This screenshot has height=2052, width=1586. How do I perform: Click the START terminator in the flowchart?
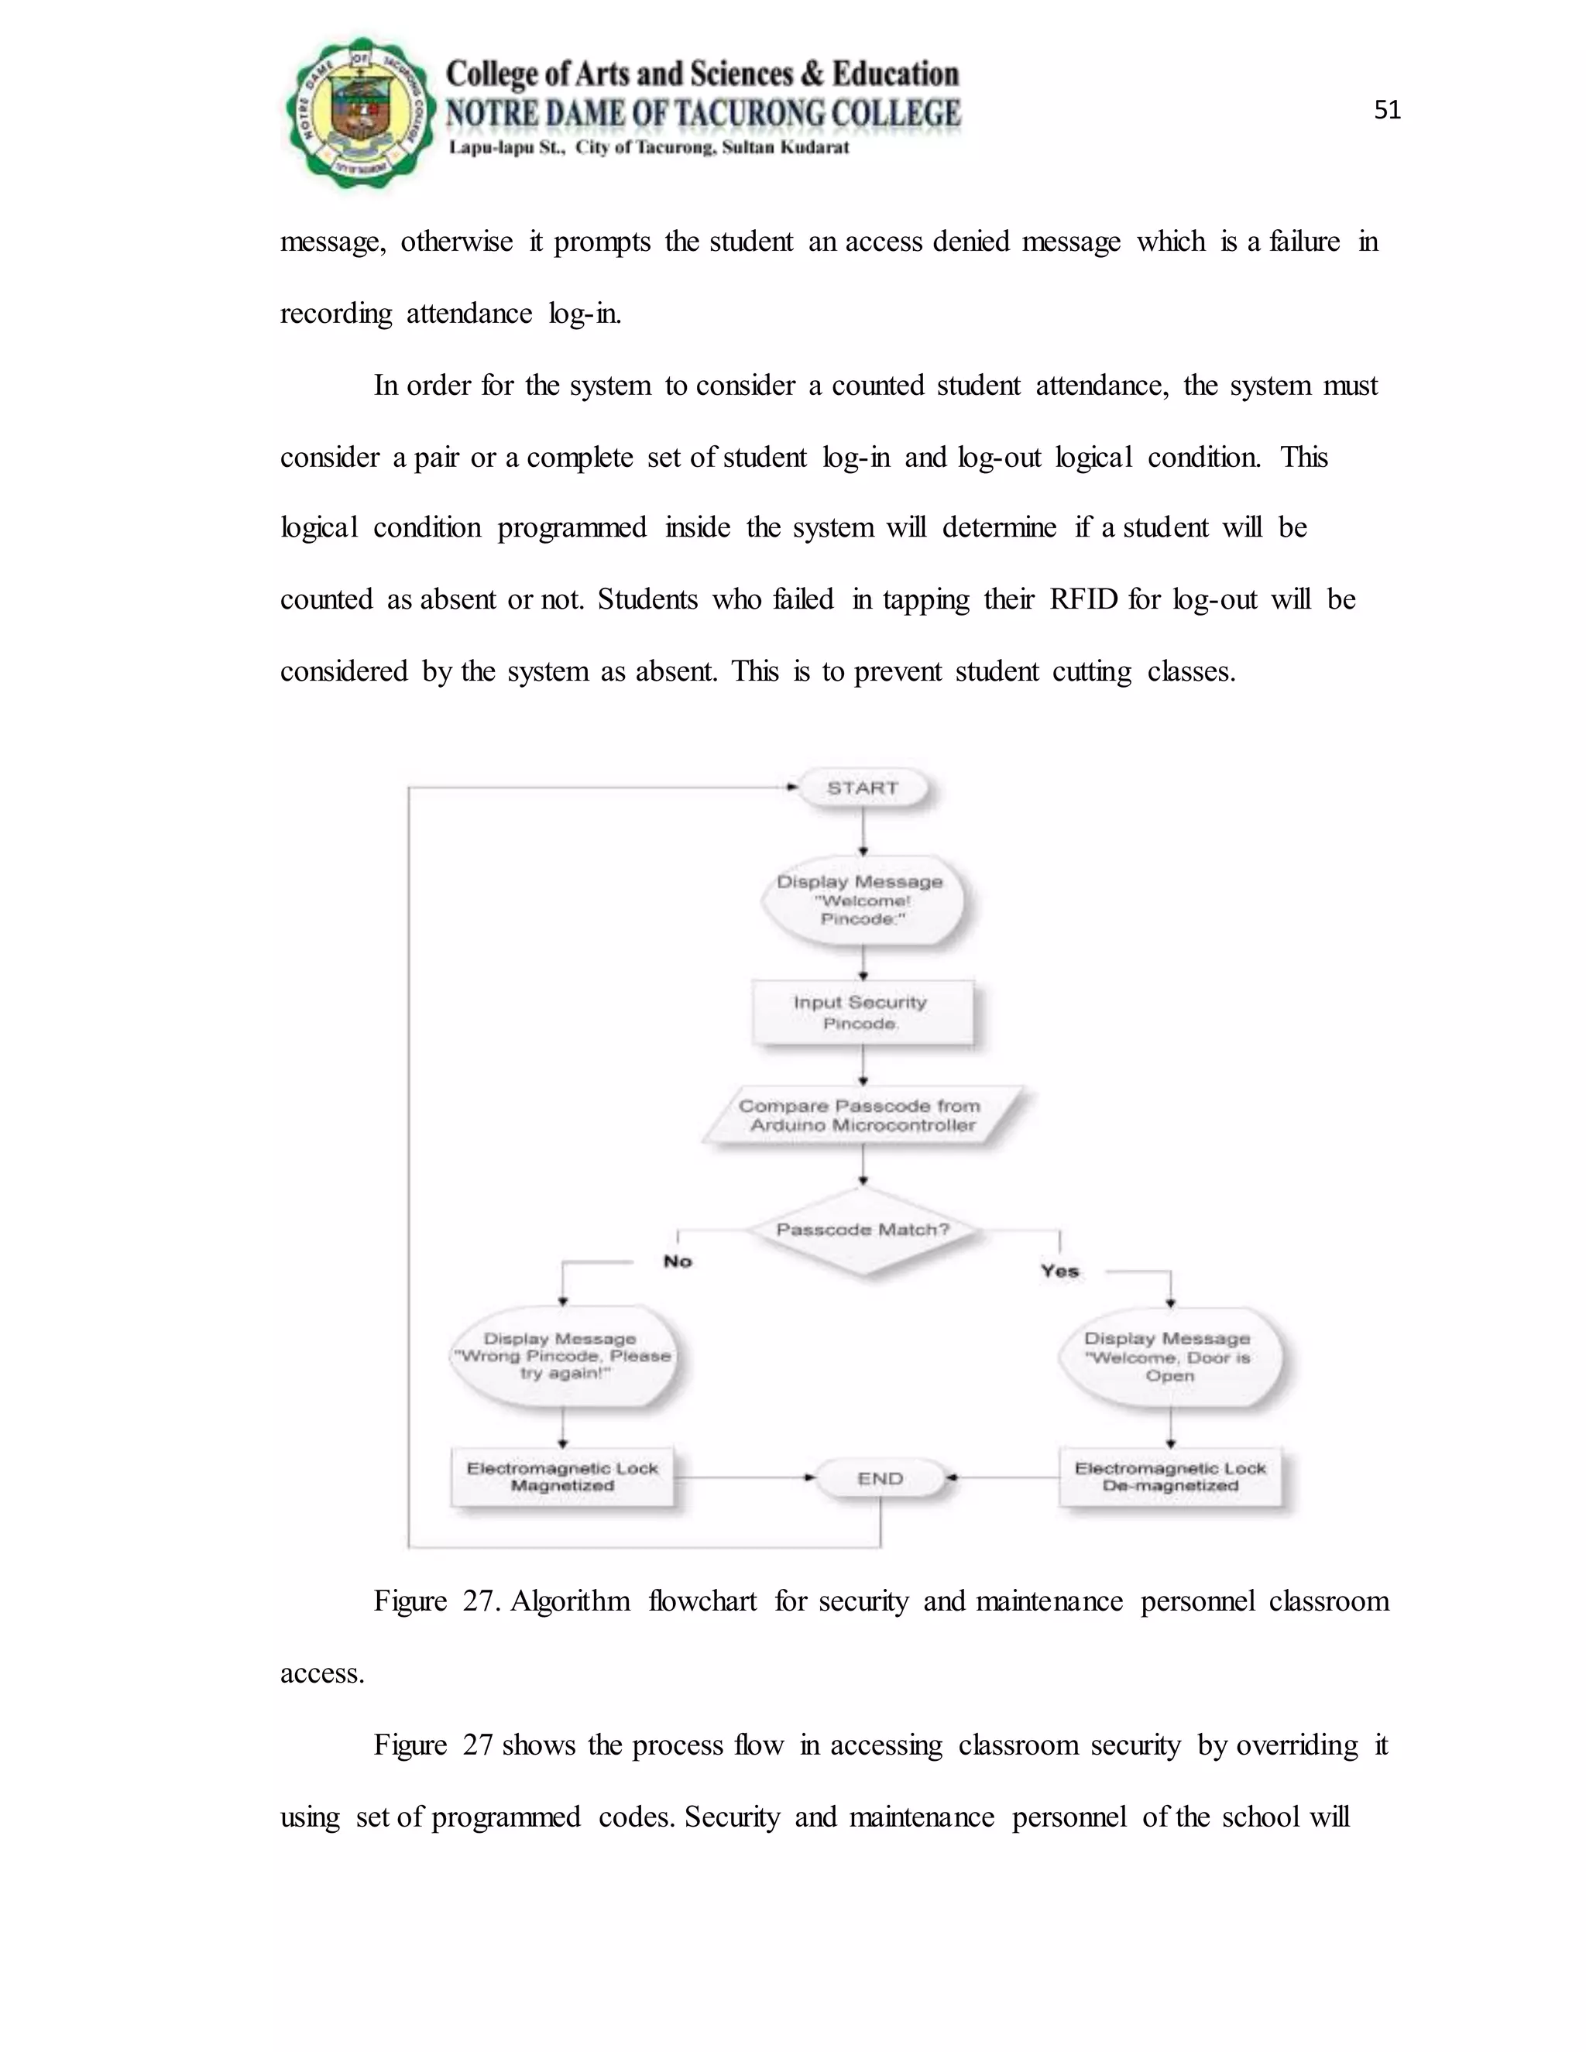pos(863,788)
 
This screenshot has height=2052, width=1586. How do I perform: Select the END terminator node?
pos(880,1478)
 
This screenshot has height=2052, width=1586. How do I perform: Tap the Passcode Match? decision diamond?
pos(863,1230)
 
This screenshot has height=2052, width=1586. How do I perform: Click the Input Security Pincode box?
pos(862,1013)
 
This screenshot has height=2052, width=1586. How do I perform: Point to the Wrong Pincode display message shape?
pos(563,1355)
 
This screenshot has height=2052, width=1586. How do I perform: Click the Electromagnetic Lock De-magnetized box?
pos(1170,1477)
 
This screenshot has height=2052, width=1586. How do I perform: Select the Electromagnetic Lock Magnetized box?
pos(563,1477)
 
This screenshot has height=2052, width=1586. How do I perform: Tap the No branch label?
pos(678,1261)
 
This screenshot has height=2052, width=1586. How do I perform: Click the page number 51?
pos(1387,111)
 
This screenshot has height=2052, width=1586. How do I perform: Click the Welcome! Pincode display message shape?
pos(862,899)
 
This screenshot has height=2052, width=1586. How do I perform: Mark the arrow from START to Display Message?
pos(863,831)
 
